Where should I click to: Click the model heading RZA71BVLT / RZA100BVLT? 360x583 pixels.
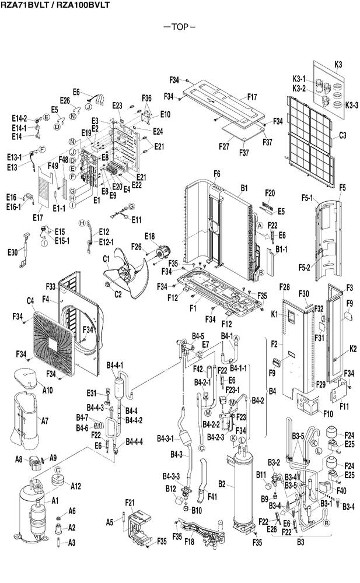coord(55,5)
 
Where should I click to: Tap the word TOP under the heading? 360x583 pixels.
coord(180,27)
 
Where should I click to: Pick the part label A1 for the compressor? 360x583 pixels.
coord(55,501)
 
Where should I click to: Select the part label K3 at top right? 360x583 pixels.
coord(338,64)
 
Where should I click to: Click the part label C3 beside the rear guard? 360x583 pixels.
coord(342,135)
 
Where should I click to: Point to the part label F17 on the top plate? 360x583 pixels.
coord(252,97)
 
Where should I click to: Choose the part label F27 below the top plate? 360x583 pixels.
coord(223,146)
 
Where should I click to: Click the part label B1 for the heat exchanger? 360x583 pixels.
coord(244,188)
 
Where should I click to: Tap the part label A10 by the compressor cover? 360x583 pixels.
coord(47,390)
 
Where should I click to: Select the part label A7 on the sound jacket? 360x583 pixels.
coord(45,421)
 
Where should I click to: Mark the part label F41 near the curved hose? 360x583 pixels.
coord(212,496)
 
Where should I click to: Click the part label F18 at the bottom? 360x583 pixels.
coord(189,542)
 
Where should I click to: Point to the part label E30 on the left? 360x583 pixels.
coord(12,252)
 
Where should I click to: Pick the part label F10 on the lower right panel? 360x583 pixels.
coord(327,414)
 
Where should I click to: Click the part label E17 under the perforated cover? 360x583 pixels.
coord(37,217)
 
